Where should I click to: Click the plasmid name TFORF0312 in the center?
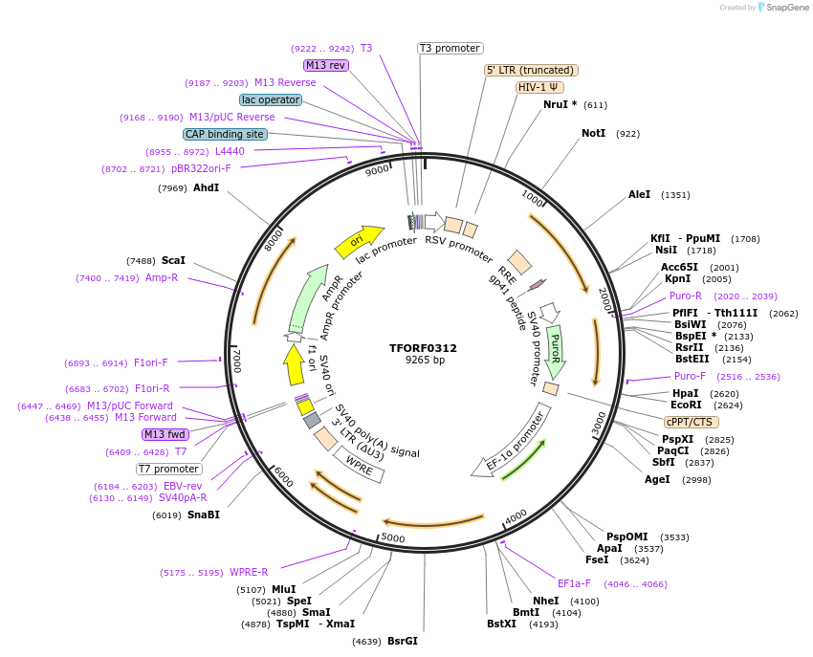(424, 348)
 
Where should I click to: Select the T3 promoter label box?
(450, 48)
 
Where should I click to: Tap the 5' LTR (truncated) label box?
(531, 70)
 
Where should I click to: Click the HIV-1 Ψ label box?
(539, 87)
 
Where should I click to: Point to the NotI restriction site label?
(593, 134)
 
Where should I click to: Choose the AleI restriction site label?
(639, 195)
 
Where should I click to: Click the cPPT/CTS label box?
(691, 422)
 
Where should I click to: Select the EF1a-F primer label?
(574, 583)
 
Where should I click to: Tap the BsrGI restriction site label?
(402, 641)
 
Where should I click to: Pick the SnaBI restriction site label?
(203, 515)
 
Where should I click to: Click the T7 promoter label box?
(169, 469)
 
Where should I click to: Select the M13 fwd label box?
(165, 434)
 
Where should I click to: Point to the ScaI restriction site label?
(173, 260)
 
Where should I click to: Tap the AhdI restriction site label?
(206, 188)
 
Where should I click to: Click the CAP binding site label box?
(225, 135)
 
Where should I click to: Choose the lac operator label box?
(271, 99)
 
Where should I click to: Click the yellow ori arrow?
(359, 241)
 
